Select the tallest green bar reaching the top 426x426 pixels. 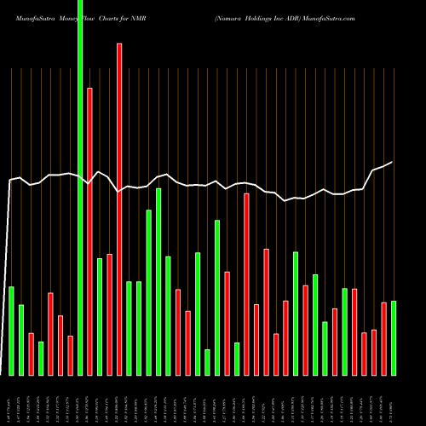[80, 187]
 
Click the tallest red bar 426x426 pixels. [119, 209]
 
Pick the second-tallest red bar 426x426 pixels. [89, 230]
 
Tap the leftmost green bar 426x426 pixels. [11, 331]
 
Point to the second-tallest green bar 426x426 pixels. [158, 281]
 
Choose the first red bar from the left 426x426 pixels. [31, 354]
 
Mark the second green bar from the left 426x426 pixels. [21, 339]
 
